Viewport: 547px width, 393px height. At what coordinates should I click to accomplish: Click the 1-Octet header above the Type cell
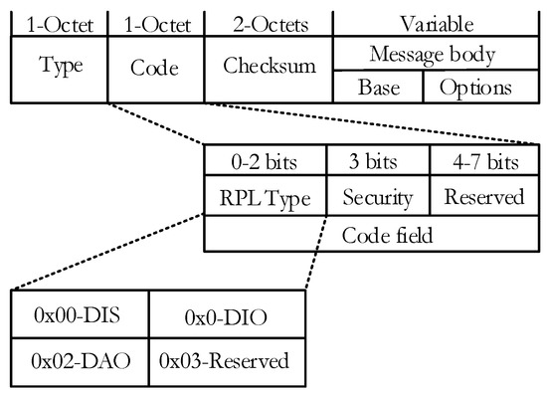point(55,20)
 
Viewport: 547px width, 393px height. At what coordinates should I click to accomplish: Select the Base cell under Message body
point(378,87)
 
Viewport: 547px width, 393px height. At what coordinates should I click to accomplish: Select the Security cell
point(378,197)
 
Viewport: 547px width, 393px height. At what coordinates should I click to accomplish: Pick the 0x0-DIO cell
point(224,316)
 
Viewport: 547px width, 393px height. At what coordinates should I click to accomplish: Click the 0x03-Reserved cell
point(224,358)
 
